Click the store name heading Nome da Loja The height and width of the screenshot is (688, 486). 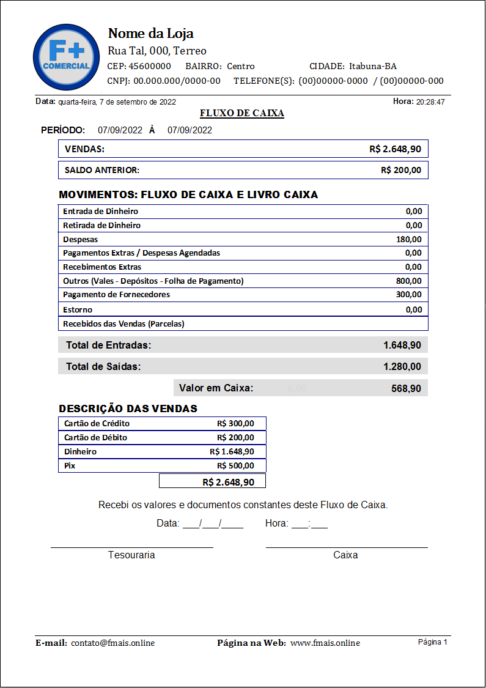click(x=150, y=33)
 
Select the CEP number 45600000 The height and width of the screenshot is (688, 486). click(x=150, y=66)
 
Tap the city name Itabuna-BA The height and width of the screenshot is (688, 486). click(x=372, y=66)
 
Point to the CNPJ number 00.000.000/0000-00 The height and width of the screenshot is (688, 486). click(x=177, y=81)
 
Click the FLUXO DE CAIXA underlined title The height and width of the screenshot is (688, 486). click(x=242, y=113)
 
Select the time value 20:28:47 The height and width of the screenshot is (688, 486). click(x=430, y=102)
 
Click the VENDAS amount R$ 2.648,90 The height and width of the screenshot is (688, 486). click(x=395, y=149)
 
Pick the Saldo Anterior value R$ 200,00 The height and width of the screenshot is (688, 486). click(x=400, y=170)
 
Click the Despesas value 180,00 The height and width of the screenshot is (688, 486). click(x=408, y=239)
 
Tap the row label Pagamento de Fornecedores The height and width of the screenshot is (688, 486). click(x=116, y=295)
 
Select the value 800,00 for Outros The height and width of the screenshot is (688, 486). click(x=408, y=281)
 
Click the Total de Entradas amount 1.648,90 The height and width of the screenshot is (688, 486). click(x=402, y=345)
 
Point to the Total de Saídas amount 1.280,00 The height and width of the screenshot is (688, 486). click(x=402, y=366)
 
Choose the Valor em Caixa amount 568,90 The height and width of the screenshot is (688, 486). click(x=405, y=388)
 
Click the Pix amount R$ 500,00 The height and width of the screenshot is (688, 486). click(x=235, y=465)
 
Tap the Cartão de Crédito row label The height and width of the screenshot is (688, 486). click(x=97, y=423)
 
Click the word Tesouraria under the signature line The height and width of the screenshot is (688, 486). click(x=131, y=555)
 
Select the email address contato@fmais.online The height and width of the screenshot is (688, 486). click(x=112, y=643)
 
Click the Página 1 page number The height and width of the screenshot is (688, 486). click(x=432, y=642)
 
